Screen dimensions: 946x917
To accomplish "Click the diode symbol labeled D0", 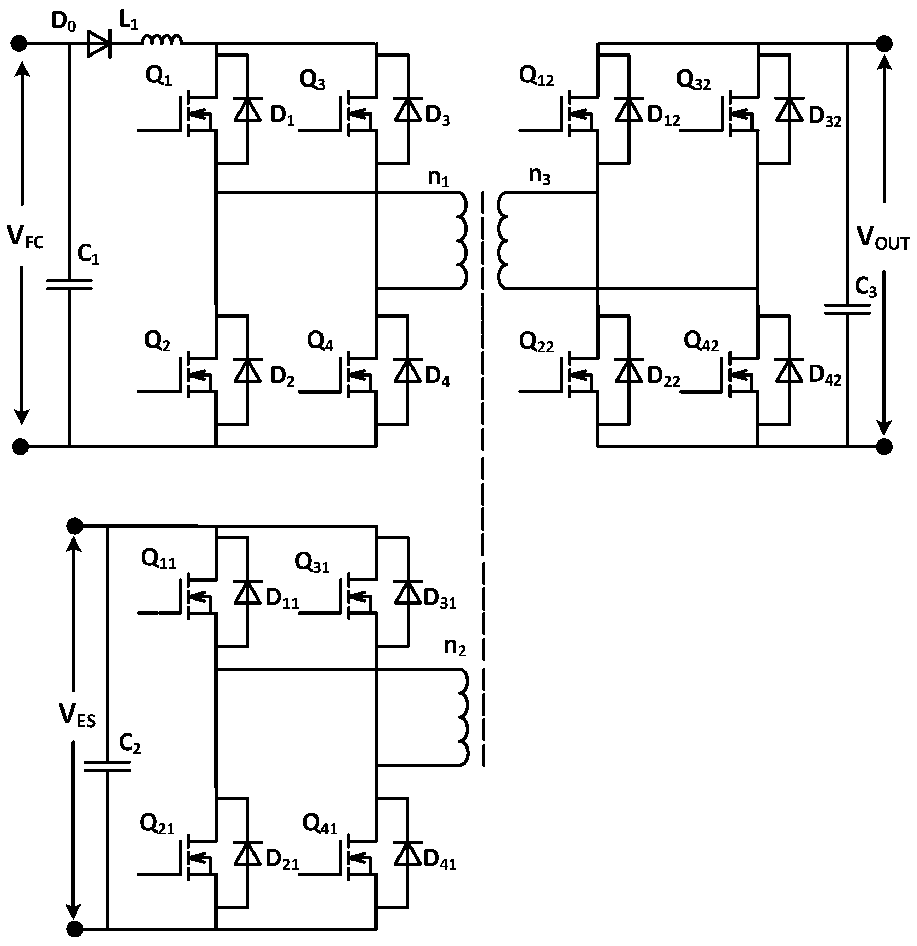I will [x=99, y=44].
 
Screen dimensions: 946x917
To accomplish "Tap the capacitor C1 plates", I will [x=69, y=285].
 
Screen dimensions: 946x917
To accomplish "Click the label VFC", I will [x=25, y=238].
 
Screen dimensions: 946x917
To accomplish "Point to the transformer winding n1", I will [x=461, y=240].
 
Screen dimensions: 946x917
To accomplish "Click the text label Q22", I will [x=536, y=343].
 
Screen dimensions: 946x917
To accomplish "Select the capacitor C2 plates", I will [x=107, y=766].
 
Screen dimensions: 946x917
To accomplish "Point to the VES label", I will [x=77, y=715].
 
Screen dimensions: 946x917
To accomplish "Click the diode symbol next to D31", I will [x=408, y=592].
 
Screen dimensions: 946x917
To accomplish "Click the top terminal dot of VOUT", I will [x=884, y=44].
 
